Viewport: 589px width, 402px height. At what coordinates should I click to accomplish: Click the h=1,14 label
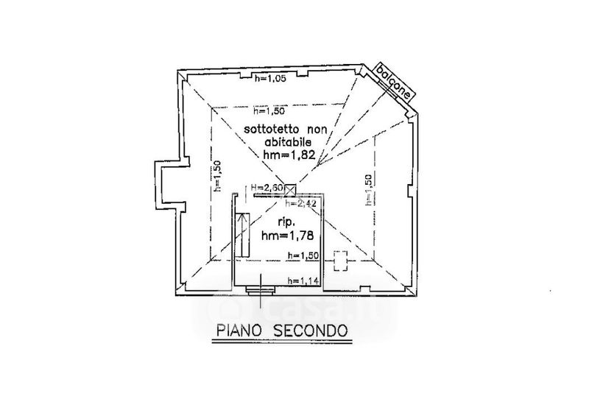click(303, 280)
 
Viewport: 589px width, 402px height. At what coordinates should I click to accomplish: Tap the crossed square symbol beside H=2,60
click(290, 189)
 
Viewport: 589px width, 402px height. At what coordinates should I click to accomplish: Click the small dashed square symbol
click(340, 260)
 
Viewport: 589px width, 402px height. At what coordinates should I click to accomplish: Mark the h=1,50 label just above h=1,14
click(303, 255)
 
